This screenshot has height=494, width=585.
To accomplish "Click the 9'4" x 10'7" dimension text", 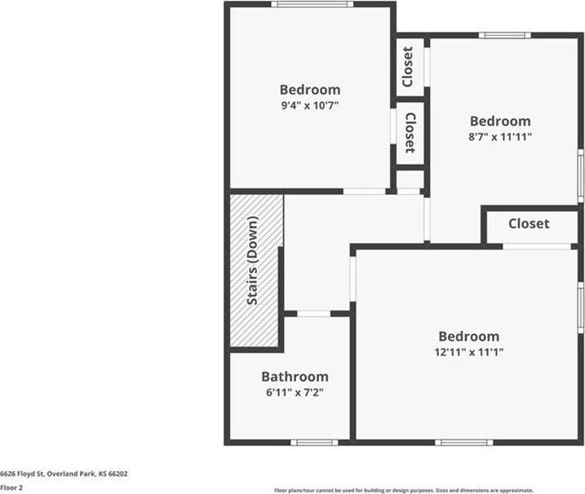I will [309, 105].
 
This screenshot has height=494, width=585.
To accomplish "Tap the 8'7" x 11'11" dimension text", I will [499, 137].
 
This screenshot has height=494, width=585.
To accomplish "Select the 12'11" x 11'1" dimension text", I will [468, 352].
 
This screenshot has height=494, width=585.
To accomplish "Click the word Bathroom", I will [295, 377].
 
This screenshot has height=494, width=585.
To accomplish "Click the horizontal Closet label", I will [529, 223].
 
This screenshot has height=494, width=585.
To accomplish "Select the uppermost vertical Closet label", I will [408, 68].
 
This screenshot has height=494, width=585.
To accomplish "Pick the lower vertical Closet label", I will [410, 133].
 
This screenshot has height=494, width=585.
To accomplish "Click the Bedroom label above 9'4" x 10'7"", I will [309, 90].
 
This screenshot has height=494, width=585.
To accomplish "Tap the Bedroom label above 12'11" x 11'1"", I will [468, 336].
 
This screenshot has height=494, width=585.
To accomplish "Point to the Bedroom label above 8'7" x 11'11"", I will [499, 121].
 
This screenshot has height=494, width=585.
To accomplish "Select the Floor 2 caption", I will [11, 487].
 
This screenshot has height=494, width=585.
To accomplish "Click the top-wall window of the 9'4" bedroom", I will [312, 4].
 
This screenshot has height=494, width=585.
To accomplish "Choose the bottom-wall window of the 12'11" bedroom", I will [463, 442].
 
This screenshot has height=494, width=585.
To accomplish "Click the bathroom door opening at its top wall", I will [313, 313].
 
